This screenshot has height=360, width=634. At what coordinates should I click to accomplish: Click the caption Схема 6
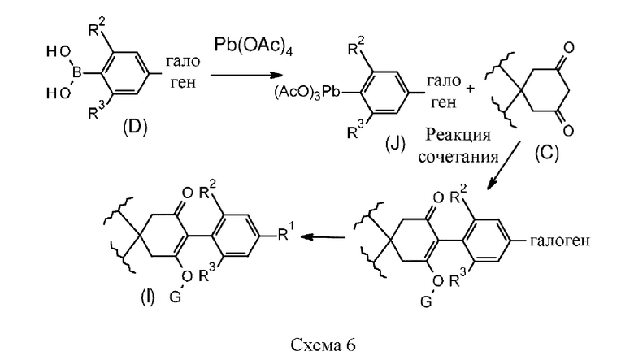316,342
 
